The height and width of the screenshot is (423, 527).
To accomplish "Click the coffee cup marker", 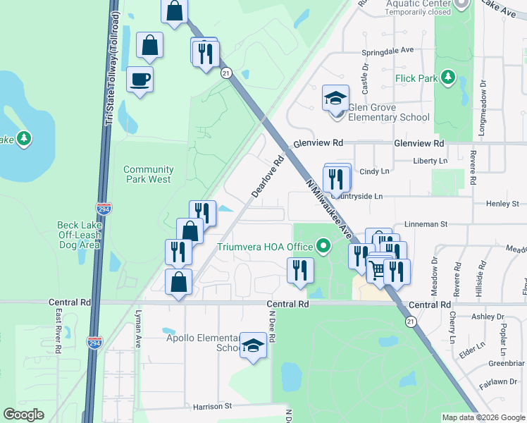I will coord(139,79).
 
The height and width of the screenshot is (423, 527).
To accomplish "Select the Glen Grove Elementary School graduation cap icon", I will coord(336,98).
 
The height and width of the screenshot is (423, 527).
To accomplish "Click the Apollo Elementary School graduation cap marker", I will coord(253,345).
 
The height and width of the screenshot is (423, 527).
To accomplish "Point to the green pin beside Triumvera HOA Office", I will coord(323,247).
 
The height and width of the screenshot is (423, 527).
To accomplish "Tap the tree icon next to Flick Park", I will coord(447,78).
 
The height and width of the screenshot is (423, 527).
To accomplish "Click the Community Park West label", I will coord(148,174).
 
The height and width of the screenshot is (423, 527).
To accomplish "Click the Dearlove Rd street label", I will coord(268,177).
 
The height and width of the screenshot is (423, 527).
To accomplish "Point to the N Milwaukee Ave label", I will coord(328,207).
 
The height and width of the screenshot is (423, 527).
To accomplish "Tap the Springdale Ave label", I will coord(387,51).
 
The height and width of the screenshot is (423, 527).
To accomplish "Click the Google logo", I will coord(24,415).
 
